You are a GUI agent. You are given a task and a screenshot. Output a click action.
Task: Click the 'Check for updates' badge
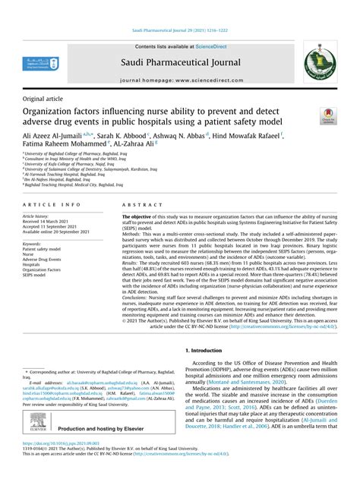tap(328, 116)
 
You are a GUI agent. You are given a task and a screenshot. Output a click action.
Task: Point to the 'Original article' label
tap(43, 99)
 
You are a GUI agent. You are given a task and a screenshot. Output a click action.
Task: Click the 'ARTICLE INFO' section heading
tap(50, 205)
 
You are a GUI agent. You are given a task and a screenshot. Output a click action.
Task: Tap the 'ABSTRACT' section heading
tap(139, 205)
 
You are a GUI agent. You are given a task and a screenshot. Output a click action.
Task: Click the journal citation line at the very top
tap(179, 31)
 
